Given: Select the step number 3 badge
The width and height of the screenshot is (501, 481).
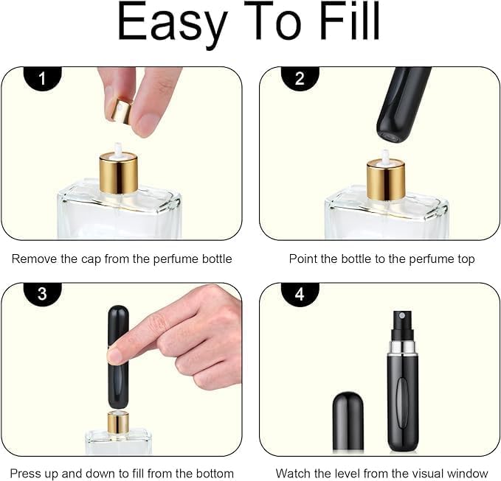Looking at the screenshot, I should pos(43,294).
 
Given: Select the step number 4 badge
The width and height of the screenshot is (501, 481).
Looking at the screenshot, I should pos(300,294).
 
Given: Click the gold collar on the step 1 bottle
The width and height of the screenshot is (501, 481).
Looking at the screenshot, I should pos(118,175).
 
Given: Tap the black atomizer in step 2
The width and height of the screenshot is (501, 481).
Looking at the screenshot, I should pos(402,103).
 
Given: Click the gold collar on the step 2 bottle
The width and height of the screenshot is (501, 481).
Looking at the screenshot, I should pos(385,181).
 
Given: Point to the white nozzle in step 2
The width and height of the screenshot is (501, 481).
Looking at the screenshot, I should pos(384,157).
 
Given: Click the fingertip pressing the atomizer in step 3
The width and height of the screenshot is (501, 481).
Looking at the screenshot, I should pos(117,354).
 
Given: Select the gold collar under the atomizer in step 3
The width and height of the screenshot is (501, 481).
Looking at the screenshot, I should pos(118,422).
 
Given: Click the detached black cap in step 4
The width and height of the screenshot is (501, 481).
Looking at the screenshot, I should pos(348,421).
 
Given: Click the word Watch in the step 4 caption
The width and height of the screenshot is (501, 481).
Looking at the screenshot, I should pos(293,473).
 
